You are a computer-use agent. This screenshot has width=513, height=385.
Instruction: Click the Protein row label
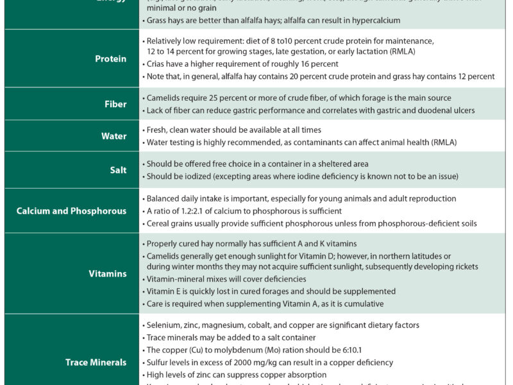click(x=111, y=59)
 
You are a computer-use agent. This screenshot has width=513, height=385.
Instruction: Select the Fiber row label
click(x=115, y=104)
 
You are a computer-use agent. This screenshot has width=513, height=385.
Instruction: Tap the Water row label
click(x=114, y=136)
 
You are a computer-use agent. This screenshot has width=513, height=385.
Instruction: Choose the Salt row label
click(x=118, y=170)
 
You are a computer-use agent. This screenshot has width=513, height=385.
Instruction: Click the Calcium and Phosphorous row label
click(x=71, y=211)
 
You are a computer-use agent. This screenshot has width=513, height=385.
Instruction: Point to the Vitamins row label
click(x=108, y=274)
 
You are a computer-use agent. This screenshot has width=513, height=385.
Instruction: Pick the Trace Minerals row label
click(x=96, y=363)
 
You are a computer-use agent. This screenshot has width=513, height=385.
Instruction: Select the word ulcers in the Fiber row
click(x=460, y=110)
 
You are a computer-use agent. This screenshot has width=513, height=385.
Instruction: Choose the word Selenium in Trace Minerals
click(x=164, y=325)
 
